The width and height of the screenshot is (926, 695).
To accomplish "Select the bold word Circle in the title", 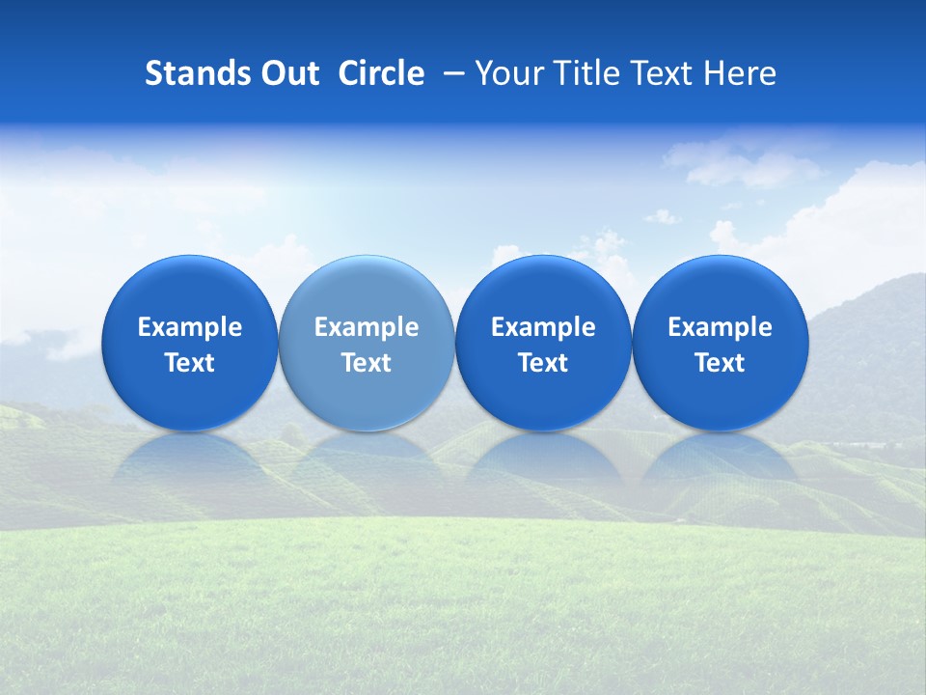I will pyautogui.click(x=381, y=73).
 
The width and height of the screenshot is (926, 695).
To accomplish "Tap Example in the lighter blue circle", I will pyautogui.click(x=367, y=327).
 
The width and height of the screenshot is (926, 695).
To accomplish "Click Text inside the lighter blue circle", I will pyautogui.click(x=367, y=363).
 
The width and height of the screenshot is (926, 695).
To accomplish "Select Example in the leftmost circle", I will pyautogui.click(x=190, y=327).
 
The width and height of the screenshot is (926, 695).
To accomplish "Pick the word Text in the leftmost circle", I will pyautogui.click(x=190, y=363).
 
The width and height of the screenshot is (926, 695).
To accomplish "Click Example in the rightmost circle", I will pyautogui.click(x=721, y=327).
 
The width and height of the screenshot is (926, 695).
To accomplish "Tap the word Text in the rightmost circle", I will pyautogui.click(x=721, y=363).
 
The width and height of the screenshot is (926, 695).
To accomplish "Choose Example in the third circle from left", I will pyautogui.click(x=543, y=327).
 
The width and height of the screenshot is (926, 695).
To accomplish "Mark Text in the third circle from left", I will pyautogui.click(x=543, y=363).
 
